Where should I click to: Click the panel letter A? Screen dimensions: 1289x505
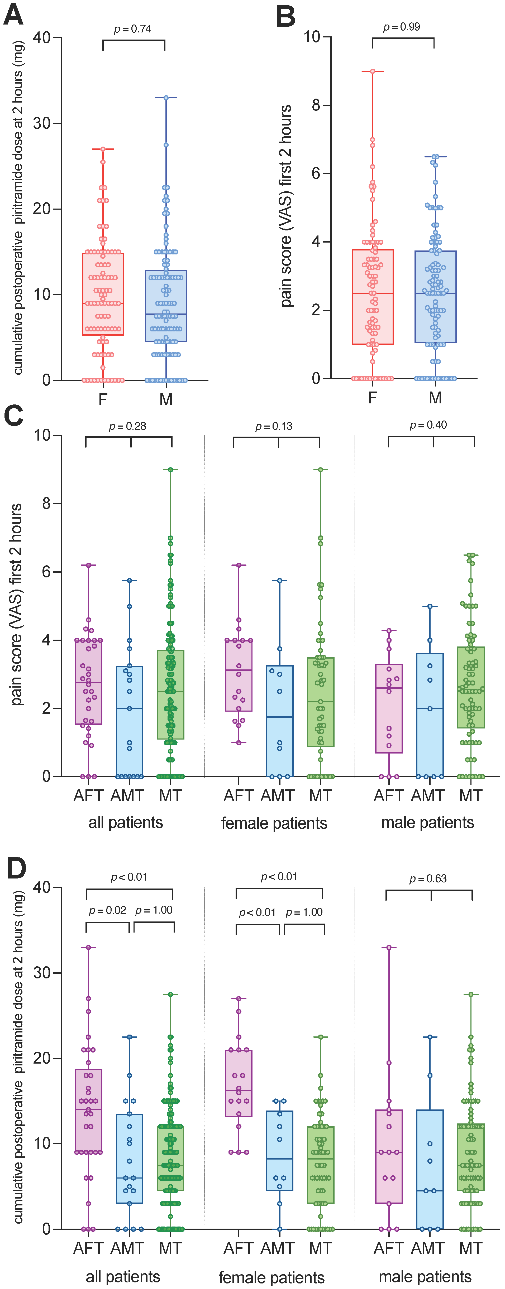pyautogui.click(x=13, y=15)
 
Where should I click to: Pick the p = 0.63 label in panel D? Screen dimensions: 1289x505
pyautogui.click(x=428, y=879)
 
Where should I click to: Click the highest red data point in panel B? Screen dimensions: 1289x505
pyautogui.click(x=372, y=71)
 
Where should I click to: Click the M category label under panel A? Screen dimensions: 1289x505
pyautogui.click(x=166, y=399)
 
